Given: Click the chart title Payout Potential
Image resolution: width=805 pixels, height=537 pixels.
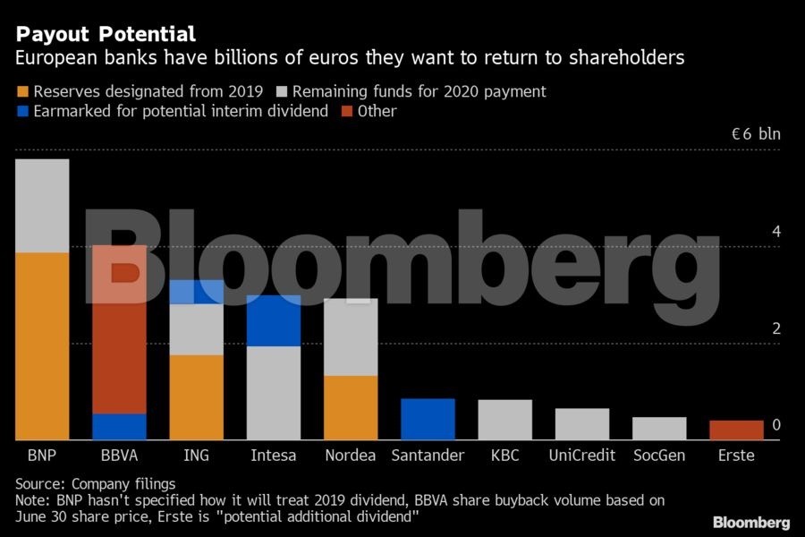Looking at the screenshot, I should click(x=106, y=35).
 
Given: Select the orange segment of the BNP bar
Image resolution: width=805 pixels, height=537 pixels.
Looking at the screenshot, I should click(x=42, y=345).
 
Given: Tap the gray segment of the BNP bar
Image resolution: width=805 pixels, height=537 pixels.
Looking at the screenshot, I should click(x=42, y=206).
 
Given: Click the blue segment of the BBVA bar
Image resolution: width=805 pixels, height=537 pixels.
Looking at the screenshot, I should click(x=119, y=426).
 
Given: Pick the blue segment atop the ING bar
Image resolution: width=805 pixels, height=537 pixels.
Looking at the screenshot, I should click(x=197, y=292).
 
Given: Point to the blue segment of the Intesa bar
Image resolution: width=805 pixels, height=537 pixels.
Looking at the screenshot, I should click(x=274, y=320).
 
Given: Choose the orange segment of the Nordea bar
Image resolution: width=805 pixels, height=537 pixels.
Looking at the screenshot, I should click(x=351, y=407).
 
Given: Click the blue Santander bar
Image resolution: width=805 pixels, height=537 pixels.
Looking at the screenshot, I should click(x=428, y=419).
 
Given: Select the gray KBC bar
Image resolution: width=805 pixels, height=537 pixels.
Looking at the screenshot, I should click(x=504, y=420).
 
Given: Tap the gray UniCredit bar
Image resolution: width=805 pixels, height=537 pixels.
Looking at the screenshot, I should click(x=582, y=424).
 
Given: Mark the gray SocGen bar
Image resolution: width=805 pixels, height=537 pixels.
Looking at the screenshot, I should click(x=659, y=428).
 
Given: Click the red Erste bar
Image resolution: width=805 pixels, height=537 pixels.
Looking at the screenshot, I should click(x=736, y=430).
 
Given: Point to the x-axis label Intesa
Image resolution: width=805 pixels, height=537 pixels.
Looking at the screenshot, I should click(x=274, y=456).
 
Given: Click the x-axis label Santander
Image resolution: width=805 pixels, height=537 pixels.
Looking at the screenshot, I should click(x=428, y=456).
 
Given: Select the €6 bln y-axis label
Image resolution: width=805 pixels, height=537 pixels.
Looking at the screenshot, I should click(x=756, y=134).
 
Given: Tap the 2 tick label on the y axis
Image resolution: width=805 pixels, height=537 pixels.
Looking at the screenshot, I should click(x=776, y=328).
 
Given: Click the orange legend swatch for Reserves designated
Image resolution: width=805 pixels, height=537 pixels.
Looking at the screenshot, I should click(x=22, y=92).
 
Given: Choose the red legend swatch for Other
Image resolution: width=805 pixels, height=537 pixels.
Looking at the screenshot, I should click(x=347, y=112).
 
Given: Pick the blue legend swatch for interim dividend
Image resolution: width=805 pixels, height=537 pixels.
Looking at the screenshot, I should click(x=22, y=112).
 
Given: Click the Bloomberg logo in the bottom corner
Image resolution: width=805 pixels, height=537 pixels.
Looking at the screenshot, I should click(x=750, y=522).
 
